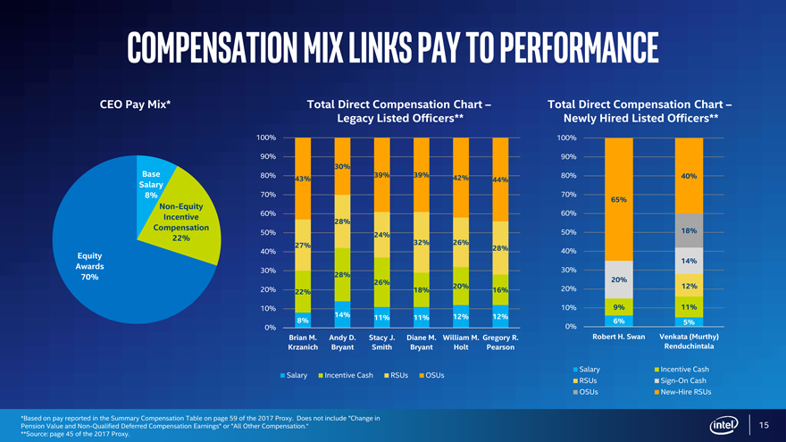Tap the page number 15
point(764,424)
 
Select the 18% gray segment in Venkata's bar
point(689,230)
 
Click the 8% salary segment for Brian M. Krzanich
point(303,320)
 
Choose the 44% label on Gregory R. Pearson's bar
point(499,179)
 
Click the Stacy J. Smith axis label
point(381,342)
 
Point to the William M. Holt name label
point(461,342)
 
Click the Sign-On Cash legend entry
point(681,380)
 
